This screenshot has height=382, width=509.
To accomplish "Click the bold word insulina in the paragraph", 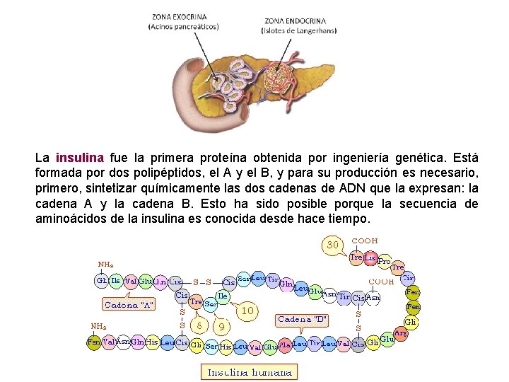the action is [79, 158].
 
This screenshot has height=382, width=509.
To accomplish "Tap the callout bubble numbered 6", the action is [200, 325].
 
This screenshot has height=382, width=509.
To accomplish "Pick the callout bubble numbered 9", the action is [222, 327].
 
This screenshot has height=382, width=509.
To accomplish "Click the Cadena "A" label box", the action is [129, 305].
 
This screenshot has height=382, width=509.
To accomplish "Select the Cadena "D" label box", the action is [302, 319].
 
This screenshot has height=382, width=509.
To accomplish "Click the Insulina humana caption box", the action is [248, 371].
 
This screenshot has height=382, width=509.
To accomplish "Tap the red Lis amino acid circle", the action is [370, 257].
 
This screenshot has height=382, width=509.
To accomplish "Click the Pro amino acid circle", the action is [384, 261].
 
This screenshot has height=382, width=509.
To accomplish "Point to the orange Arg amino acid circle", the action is [400, 333].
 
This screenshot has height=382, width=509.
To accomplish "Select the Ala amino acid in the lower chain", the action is [285, 346].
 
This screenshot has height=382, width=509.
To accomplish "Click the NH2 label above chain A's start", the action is [106, 265].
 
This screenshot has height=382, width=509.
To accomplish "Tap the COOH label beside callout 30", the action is [365, 241].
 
